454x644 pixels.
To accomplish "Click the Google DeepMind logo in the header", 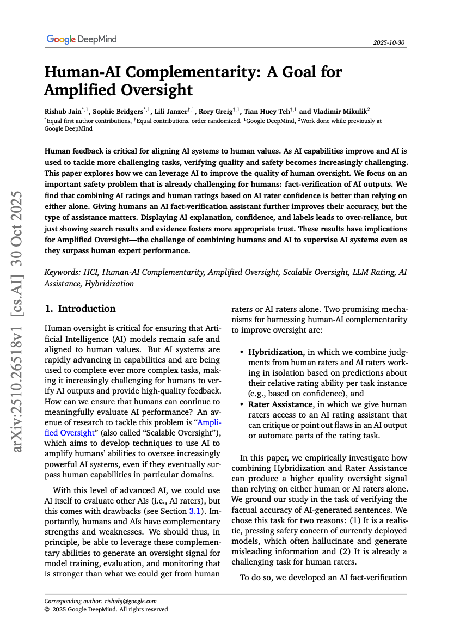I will [x=82, y=39].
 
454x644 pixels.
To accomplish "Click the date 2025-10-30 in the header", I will [x=390, y=42].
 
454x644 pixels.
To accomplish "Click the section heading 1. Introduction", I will [x=80, y=309].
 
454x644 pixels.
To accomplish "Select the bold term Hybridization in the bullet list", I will [x=275, y=352].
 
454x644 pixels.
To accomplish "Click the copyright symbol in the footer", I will [x=47, y=609].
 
